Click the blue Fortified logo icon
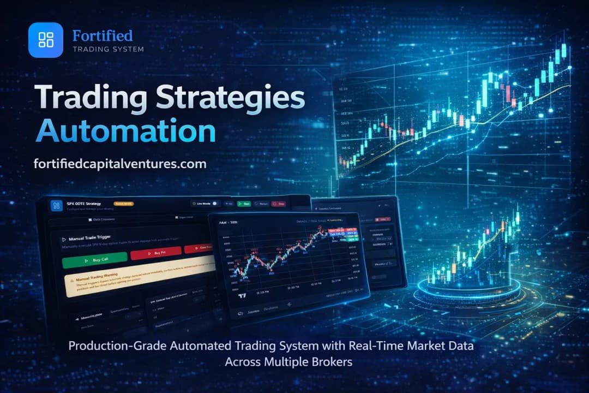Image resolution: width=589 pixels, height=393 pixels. pyautogui.click(x=46, y=39)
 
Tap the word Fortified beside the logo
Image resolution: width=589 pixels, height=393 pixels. pyautogui.click(x=103, y=36)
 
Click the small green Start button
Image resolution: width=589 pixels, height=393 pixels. pyautogui.click(x=244, y=204)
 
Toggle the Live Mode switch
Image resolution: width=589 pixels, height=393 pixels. pyautogui.click(x=215, y=203)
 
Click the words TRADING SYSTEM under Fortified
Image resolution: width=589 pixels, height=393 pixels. pyautogui.click(x=108, y=49)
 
